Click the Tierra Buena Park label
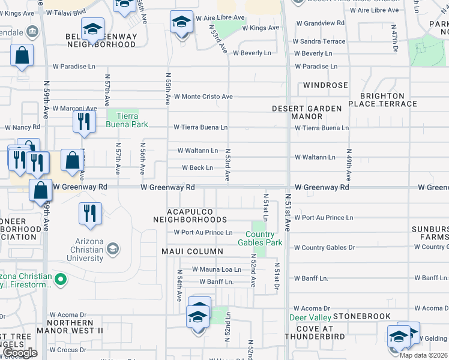(x=122, y=119)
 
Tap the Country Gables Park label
(x=264, y=238)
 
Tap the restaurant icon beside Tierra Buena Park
(x=84, y=122)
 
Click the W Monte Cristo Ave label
(x=203, y=97)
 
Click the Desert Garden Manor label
(x=307, y=113)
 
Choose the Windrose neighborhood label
(x=325, y=85)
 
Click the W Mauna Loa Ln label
(x=215, y=270)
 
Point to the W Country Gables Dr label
(x=324, y=248)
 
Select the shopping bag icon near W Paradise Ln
(x=22, y=56)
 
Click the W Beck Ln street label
(x=193, y=168)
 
